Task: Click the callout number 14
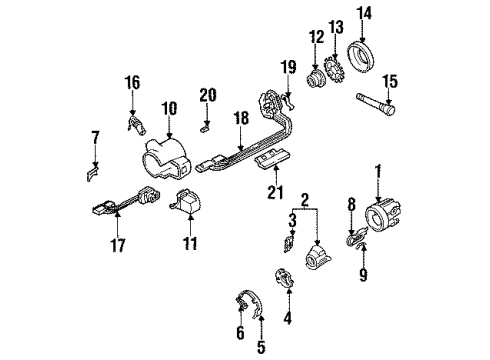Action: tap(362, 14)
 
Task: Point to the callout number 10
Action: tap(169, 107)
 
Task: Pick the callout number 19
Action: tap(289, 66)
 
